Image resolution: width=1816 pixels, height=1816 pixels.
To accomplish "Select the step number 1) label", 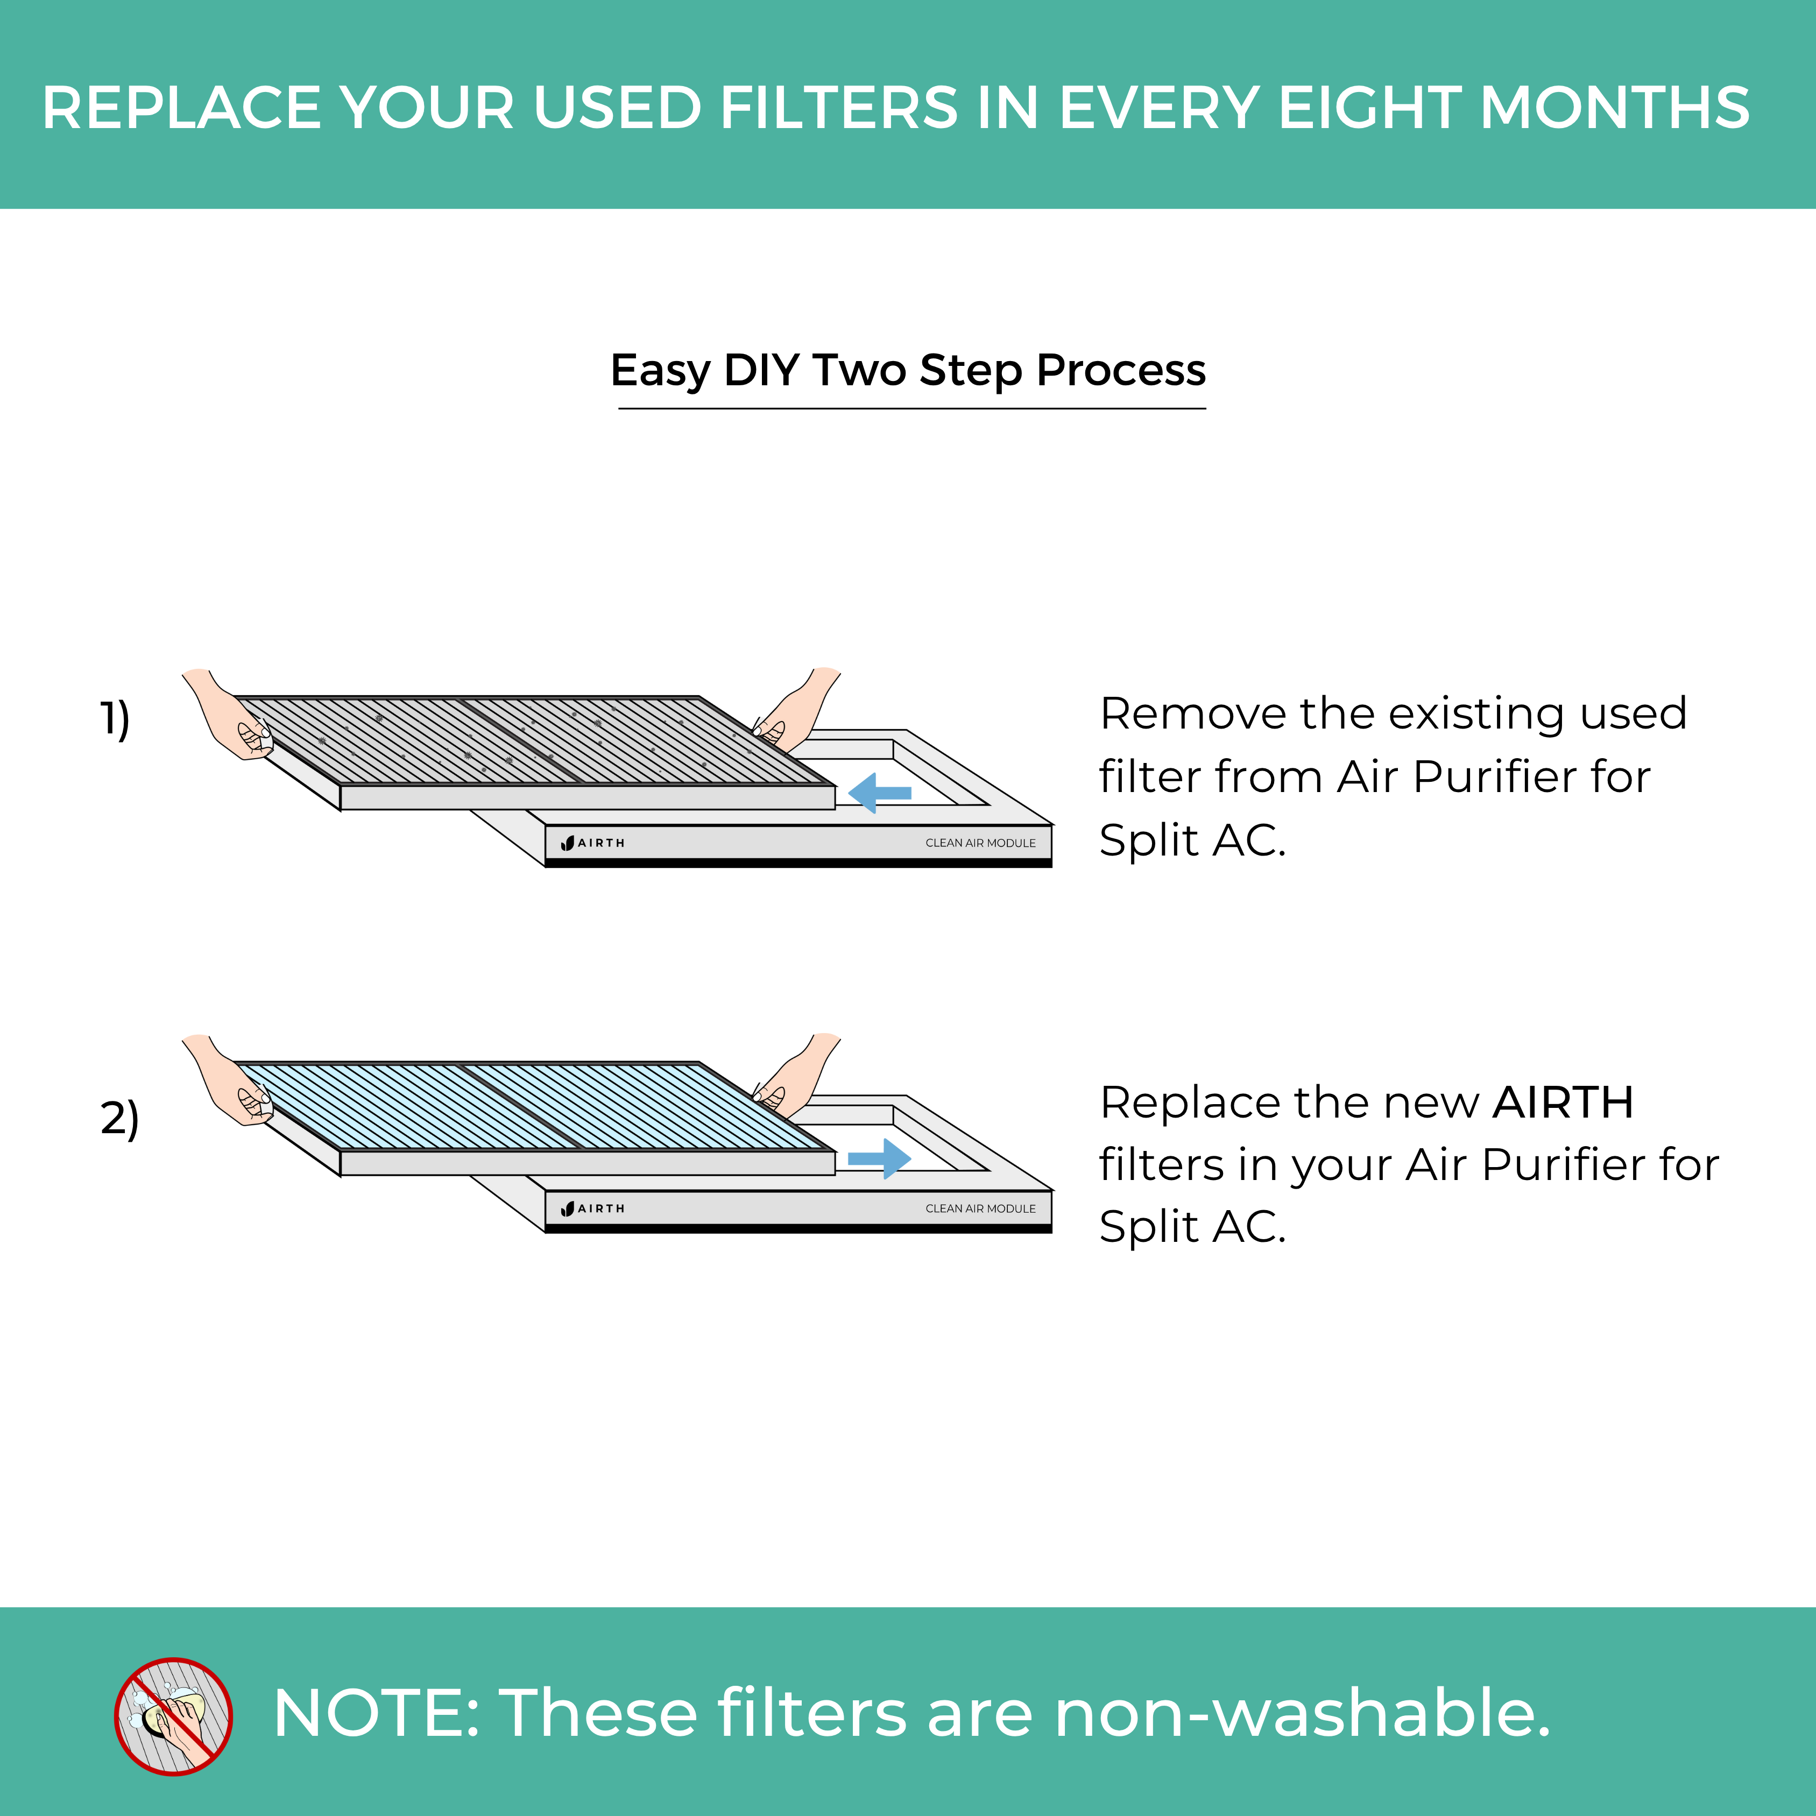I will point(115,719).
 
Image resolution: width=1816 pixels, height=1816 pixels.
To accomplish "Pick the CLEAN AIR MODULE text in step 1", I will point(980,843).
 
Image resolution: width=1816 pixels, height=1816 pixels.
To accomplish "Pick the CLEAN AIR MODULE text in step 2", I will point(980,1209).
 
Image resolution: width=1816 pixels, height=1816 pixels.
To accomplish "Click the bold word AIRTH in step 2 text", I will point(1562,1103).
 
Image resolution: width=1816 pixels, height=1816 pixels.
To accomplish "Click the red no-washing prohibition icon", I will point(173,1716).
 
